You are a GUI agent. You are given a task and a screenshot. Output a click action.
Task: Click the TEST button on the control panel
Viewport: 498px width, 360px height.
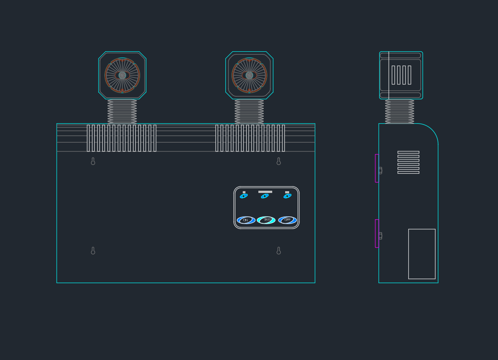[x=266, y=220]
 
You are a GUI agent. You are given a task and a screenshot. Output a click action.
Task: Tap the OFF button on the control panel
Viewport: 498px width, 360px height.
[x=287, y=220]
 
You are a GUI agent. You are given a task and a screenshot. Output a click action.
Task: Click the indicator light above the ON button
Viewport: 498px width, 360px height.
[x=244, y=196]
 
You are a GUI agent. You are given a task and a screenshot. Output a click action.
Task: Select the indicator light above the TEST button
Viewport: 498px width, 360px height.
[x=265, y=196]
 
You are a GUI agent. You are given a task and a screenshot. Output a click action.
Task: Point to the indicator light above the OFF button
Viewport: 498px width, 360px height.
[x=287, y=196]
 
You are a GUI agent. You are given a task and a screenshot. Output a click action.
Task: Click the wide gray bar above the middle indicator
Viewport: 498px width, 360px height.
[x=265, y=192]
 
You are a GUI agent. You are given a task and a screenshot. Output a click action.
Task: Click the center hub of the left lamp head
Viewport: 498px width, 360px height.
[x=122, y=75]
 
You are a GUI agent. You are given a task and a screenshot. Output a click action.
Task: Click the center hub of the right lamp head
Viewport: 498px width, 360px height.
[x=249, y=75]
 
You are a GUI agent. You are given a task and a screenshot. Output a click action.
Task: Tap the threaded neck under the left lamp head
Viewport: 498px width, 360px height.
[x=122, y=111]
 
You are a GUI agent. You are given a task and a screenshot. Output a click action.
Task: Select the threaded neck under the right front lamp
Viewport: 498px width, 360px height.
[x=249, y=111]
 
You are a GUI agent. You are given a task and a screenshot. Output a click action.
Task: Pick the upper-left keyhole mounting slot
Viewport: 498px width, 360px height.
[x=93, y=161]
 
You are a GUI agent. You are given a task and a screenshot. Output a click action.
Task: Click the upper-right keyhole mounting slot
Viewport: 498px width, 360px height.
[x=278, y=161]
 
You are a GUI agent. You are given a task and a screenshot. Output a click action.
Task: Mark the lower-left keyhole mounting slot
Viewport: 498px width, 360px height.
[x=93, y=251]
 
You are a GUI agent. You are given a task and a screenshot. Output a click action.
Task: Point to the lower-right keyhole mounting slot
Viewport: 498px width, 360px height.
[x=278, y=251]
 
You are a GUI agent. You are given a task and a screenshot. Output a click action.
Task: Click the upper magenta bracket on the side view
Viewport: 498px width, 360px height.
[x=377, y=168]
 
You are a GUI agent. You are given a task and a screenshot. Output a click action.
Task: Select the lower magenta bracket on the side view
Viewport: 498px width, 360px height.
[x=377, y=233]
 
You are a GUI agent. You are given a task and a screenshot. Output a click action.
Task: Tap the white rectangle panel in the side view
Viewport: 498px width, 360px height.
[x=422, y=254]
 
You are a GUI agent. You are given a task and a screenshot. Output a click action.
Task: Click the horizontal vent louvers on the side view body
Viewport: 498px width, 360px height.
[x=408, y=162]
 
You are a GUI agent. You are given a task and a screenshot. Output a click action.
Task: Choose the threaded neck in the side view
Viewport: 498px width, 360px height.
[x=399, y=111]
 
